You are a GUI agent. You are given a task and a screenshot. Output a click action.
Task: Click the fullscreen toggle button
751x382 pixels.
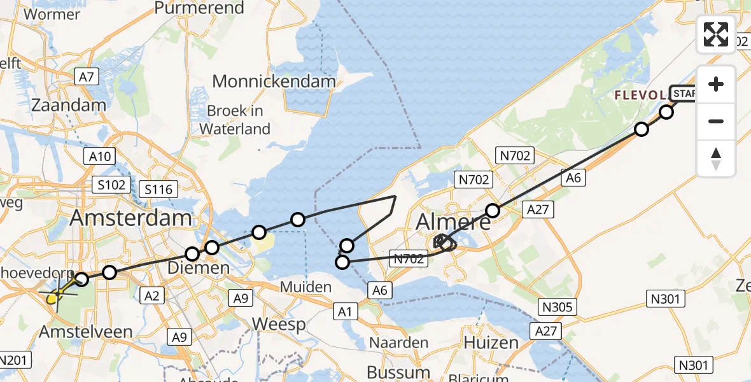point(716,34)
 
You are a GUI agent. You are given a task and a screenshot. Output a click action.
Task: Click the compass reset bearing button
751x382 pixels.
point(716,159)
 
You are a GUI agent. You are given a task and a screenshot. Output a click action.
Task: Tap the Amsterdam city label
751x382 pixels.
point(130,218)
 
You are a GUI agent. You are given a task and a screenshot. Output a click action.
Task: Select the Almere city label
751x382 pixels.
point(453,222)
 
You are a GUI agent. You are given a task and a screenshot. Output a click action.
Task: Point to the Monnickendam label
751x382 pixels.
point(274,81)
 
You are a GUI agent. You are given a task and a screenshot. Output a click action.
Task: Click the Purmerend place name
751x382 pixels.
point(199,8)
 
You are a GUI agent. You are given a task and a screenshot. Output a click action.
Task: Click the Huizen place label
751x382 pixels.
point(491,343)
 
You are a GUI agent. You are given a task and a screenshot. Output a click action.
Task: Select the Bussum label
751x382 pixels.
point(398,372)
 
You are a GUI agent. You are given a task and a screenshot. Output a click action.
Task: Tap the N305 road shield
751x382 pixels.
point(558,307)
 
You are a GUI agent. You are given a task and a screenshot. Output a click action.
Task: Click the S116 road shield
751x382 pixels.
point(159,188)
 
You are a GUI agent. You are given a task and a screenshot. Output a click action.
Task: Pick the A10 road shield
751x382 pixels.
point(100,156)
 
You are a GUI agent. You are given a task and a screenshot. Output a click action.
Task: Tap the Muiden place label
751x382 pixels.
point(307,287)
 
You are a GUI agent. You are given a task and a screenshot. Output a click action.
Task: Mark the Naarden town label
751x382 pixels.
point(398,343)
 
